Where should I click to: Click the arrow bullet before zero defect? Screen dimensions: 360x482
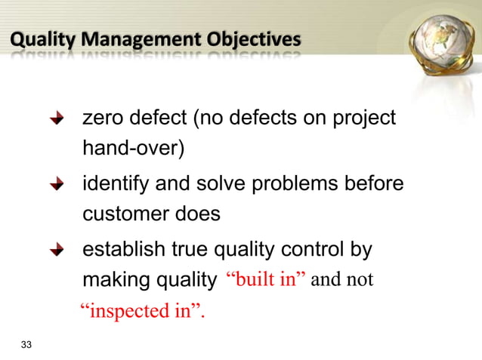pyautogui.click(x=57, y=120)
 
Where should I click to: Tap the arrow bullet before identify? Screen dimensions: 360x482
pyautogui.click(x=57, y=186)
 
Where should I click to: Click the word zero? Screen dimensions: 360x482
pyautogui.click(x=104, y=119)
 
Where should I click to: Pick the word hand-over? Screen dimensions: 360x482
pyautogui.click(x=132, y=148)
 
